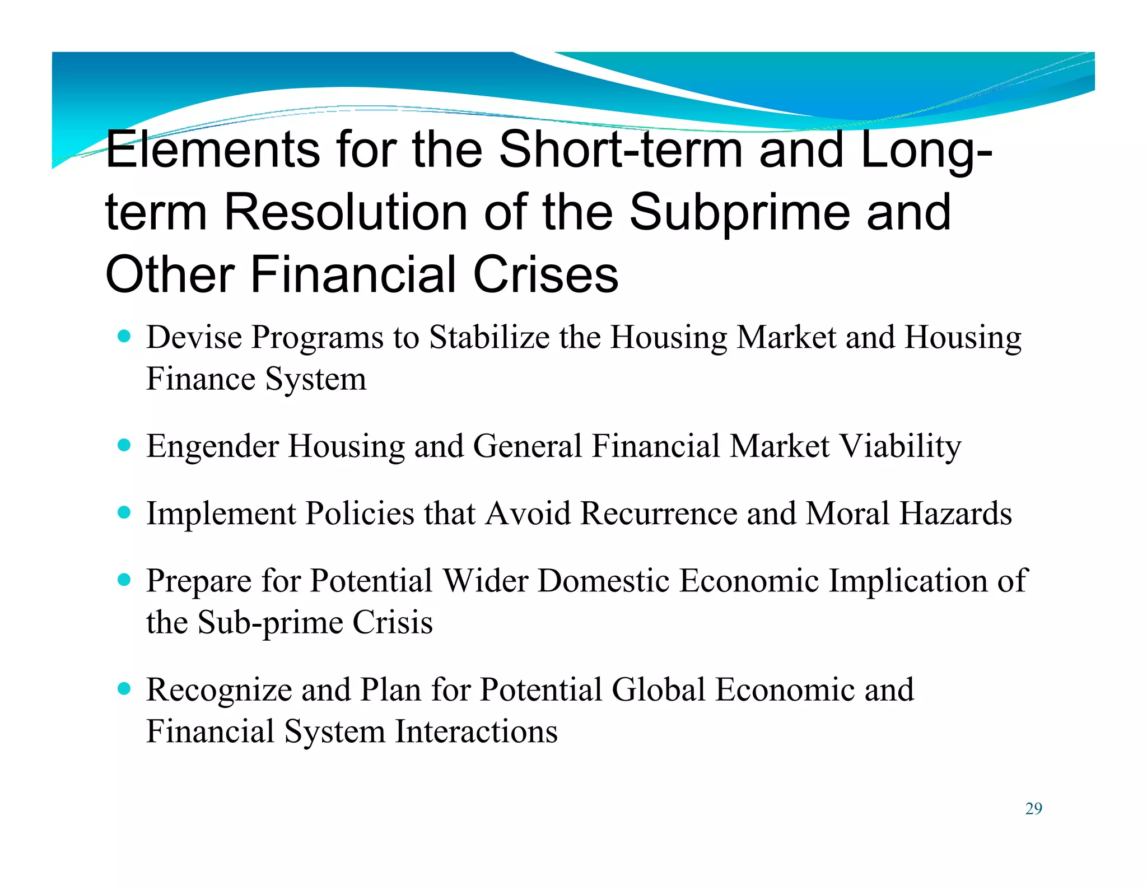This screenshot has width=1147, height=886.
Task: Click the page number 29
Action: pyautogui.click(x=1033, y=809)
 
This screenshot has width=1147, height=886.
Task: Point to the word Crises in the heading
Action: pyautogui.click(x=545, y=274)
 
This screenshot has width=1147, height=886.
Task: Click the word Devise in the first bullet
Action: pyautogui.click(x=194, y=337)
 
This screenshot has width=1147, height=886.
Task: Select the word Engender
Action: pyautogui.click(x=212, y=447)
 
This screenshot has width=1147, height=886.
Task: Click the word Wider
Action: pyautogui.click(x=485, y=580)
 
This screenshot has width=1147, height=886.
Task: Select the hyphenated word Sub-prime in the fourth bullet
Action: pyautogui.click(x=271, y=623)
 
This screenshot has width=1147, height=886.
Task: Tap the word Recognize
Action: pyautogui.click(x=219, y=690)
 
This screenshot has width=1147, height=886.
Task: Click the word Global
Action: pyautogui.click(x=658, y=689)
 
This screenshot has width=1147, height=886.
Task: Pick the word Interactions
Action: pyautogui.click(x=476, y=731)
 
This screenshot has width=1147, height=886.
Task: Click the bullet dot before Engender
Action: pyautogui.click(x=124, y=446)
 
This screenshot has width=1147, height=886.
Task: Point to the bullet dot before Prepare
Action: pyautogui.click(x=124, y=579)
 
